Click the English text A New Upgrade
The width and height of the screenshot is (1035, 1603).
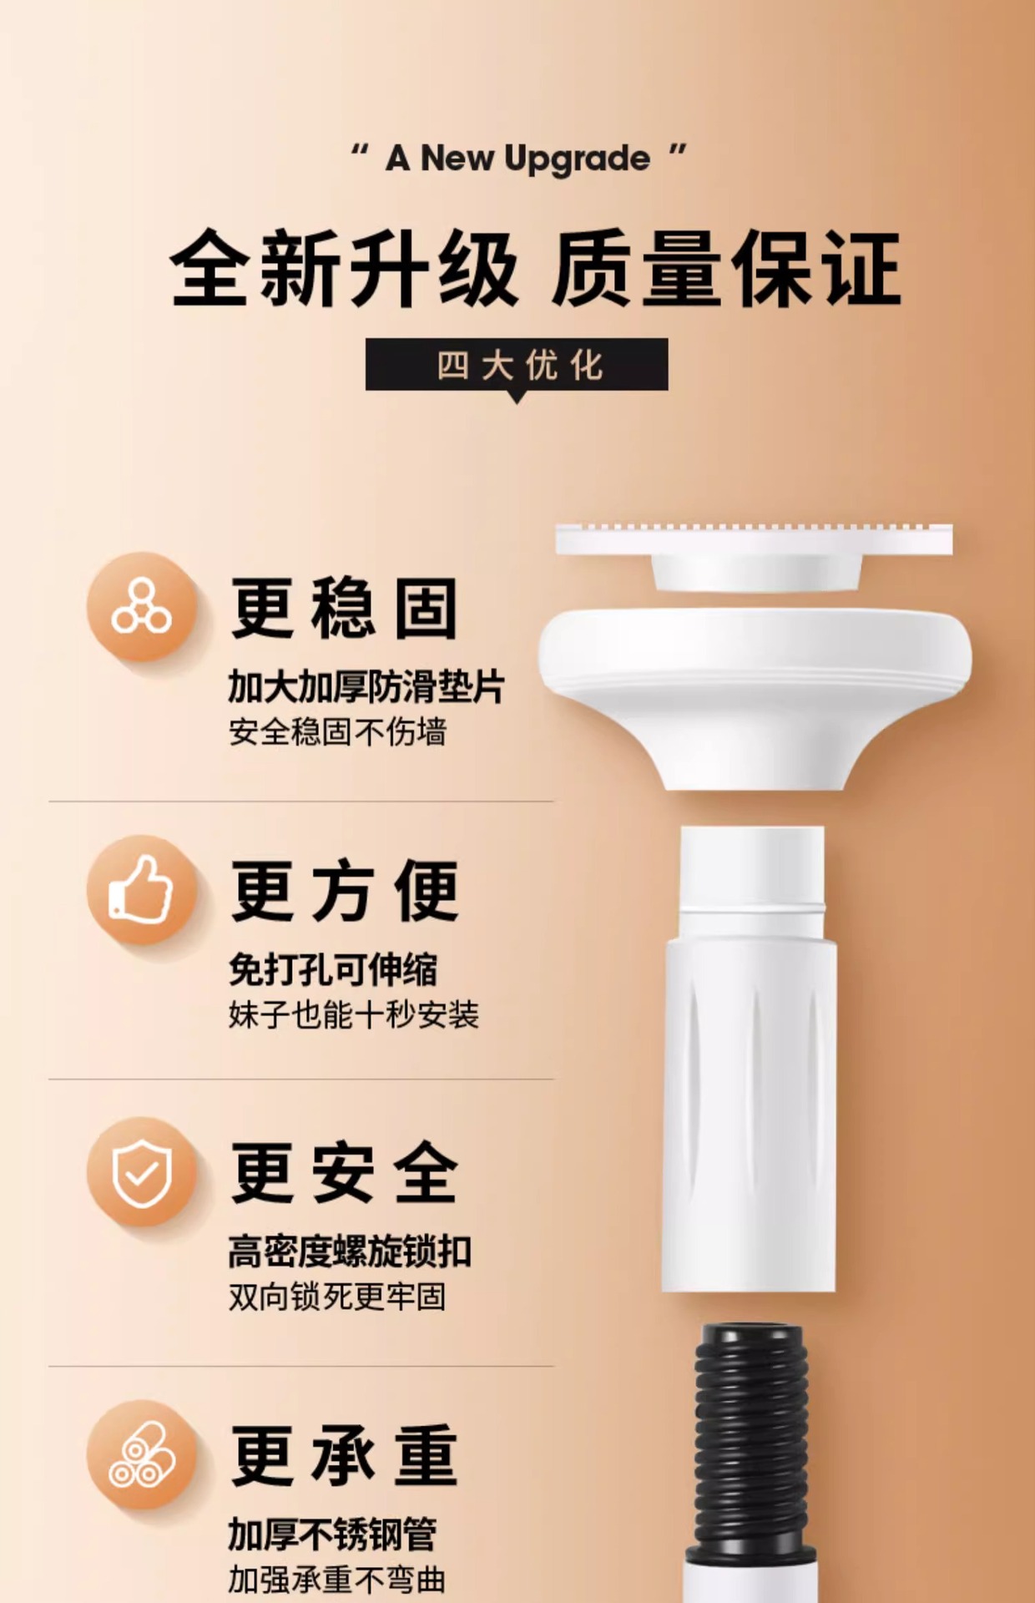pyautogui.click(x=517, y=159)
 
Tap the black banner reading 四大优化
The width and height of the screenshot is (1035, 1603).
pyautogui.click(x=517, y=365)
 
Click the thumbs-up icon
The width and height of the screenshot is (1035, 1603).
pyautogui.click(x=141, y=890)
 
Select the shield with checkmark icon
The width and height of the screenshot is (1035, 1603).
pyautogui.click(x=141, y=1172)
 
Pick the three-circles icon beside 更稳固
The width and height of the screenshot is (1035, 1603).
pyautogui.click(x=141, y=608)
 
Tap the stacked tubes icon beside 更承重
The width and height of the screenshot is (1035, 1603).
pyautogui.click(x=141, y=1455)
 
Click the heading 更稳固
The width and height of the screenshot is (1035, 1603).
pyautogui.click(x=344, y=609)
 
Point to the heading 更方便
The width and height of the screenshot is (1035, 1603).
pyautogui.click(x=344, y=891)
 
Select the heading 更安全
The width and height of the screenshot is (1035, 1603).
pyautogui.click(x=344, y=1173)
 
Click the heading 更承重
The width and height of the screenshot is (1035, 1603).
pyautogui.click(x=344, y=1456)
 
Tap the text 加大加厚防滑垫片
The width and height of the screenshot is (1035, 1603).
pyautogui.click(x=366, y=687)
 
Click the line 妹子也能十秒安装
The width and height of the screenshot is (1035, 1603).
pyautogui.click(x=353, y=1015)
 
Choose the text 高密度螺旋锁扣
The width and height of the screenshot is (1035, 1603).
pyautogui.click(x=350, y=1252)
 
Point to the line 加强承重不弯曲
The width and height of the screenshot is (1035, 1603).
pyautogui.click(x=336, y=1580)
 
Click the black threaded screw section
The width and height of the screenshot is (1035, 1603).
pyautogui.click(x=753, y=1436)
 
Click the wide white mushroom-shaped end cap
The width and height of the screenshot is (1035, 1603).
pyautogui.click(x=754, y=676)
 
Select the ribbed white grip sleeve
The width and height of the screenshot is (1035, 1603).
pyautogui.click(x=750, y=1110)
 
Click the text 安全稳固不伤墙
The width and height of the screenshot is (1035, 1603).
pyautogui.click(x=337, y=732)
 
